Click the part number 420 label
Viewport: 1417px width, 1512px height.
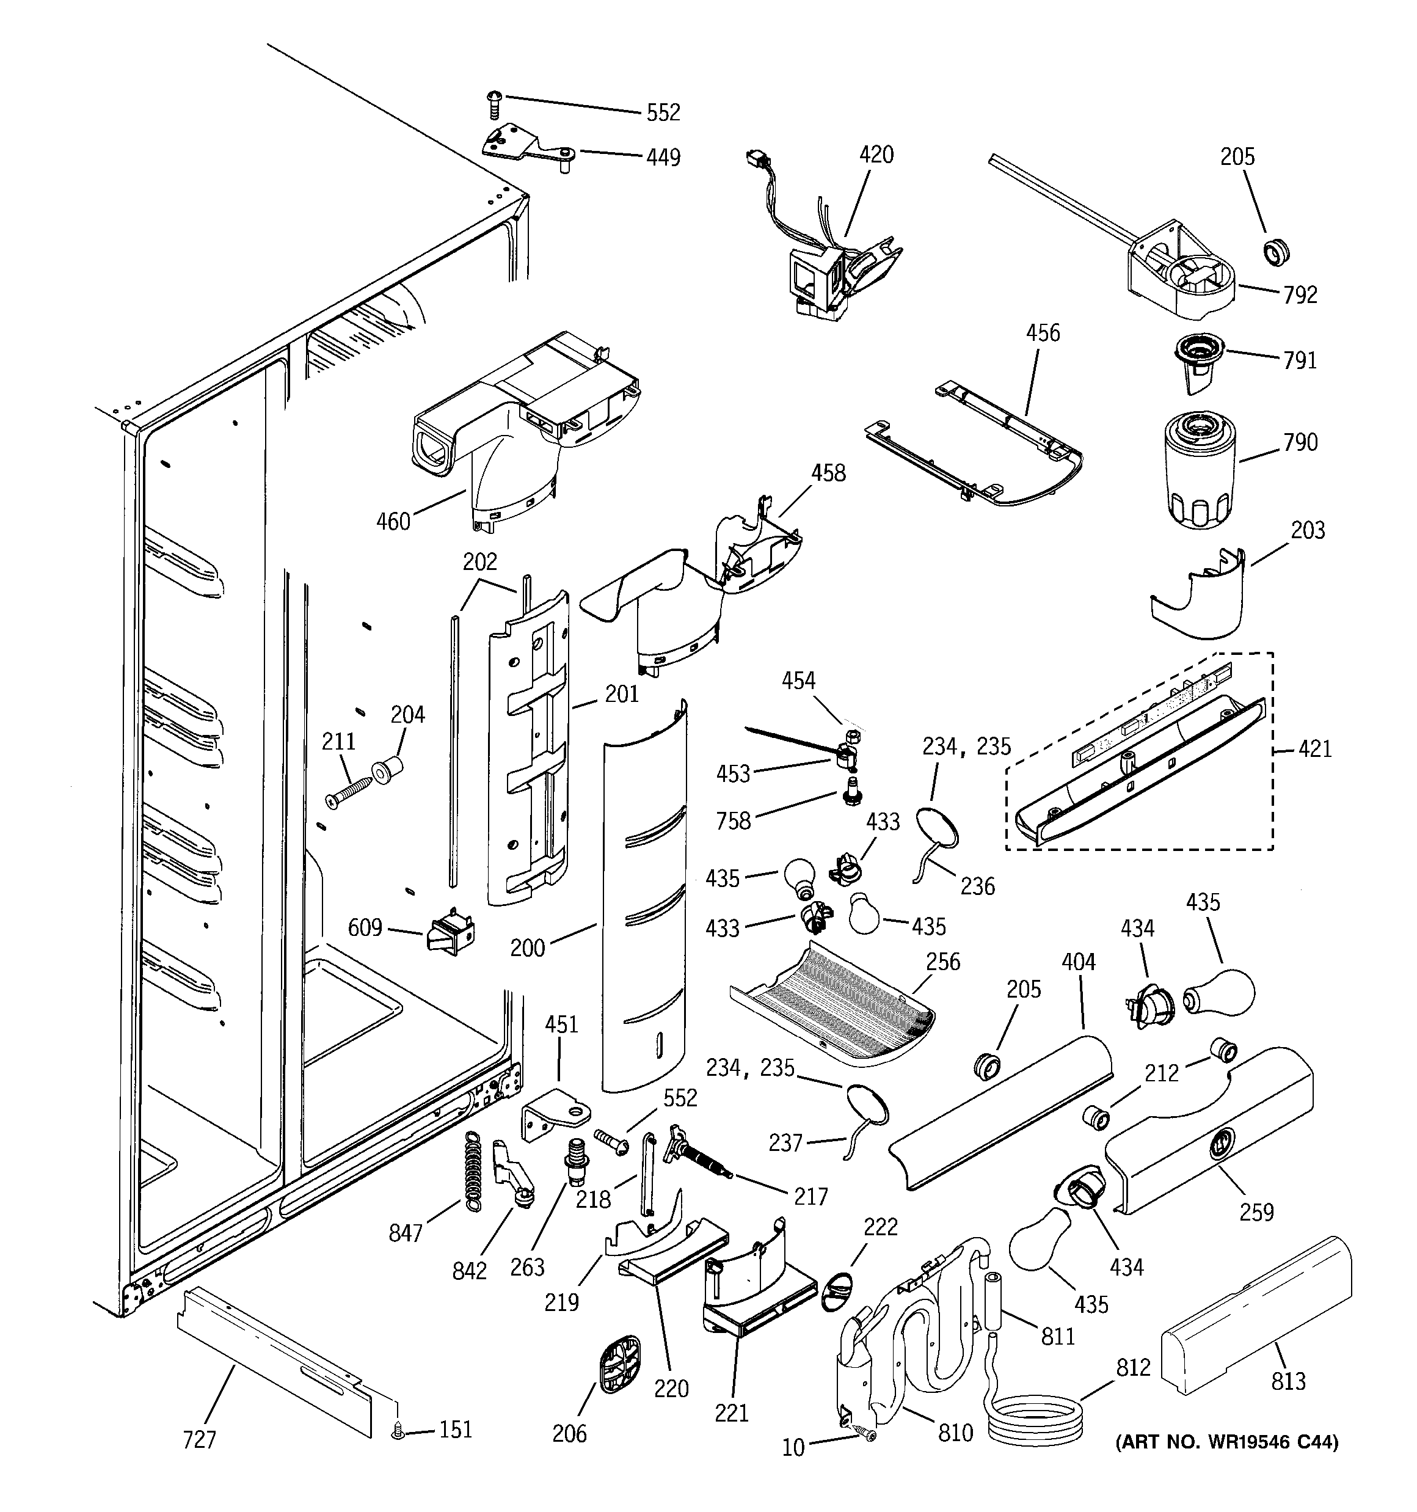(876, 155)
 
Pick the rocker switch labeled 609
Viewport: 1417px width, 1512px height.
(452, 932)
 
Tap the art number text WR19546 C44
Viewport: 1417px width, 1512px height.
(1226, 1442)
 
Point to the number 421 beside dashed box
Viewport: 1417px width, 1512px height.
(1315, 749)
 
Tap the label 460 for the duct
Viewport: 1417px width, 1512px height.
(393, 522)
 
